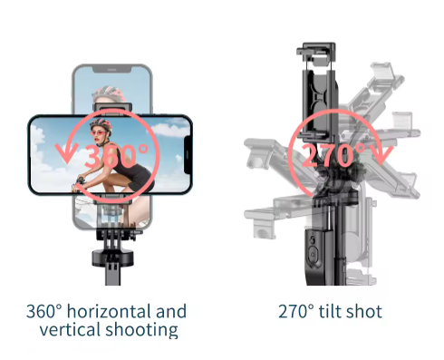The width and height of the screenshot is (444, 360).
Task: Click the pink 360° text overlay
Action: pyautogui.click(x=116, y=156)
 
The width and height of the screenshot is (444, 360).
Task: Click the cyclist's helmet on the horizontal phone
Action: pyautogui.click(x=101, y=124)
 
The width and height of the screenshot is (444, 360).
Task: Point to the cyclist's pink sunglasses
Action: pyautogui.click(x=100, y=132)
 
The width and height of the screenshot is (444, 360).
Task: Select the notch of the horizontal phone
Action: pyautogui.click(x=188, y=155)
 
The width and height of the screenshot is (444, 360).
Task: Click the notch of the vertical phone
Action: pyautogui.click(x=111, y=70)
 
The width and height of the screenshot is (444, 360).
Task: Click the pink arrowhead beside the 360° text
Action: pyautogui.click(x=67, y=153)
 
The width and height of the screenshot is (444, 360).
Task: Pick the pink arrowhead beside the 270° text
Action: pyautogui.click(x=382, y=155)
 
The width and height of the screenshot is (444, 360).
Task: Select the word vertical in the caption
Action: pyautogui.click(x=71, y=329)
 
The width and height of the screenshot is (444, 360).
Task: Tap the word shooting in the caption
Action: pyautogui.click(x=141, y=330)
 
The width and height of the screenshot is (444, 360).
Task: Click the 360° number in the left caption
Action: pyautogui.click(x=43, y=311)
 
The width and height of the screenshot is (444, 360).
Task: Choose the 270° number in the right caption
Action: pyautogui.click(x=296, y=311)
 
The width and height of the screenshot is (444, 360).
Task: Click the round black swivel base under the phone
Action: pyautogui.click(x=112, y=258)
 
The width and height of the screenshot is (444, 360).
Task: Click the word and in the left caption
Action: pyautogui.click(x=171, y=311)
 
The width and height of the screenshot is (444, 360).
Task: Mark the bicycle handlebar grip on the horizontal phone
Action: pyautogui.click(x=80, y=181)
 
